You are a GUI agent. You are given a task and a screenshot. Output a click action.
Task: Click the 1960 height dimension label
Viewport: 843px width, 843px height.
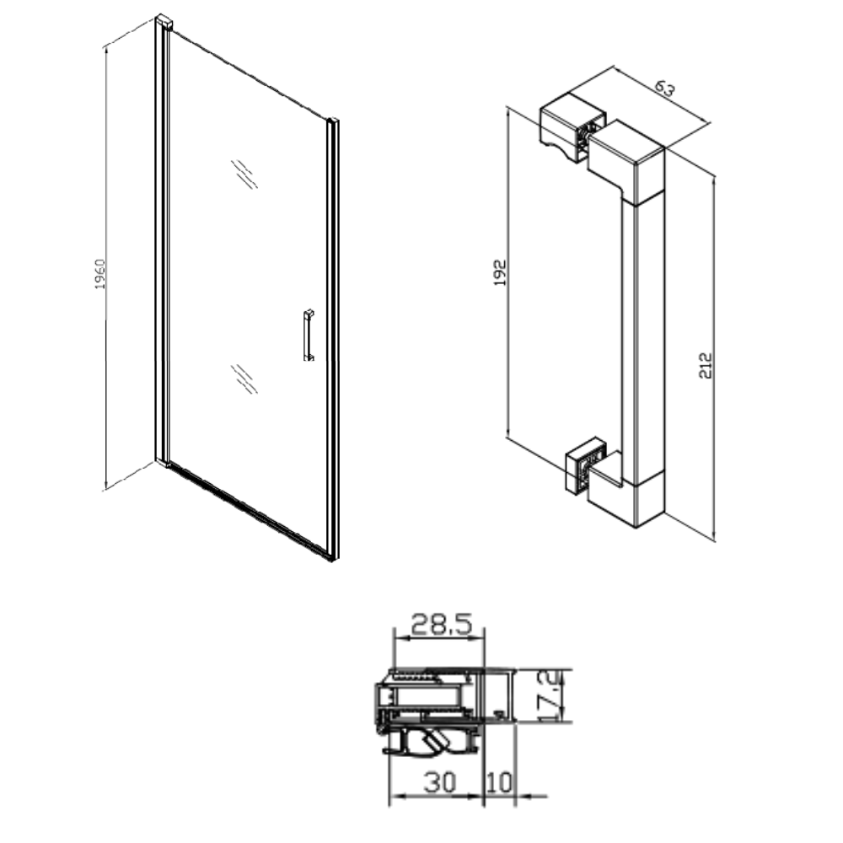click(100, 274)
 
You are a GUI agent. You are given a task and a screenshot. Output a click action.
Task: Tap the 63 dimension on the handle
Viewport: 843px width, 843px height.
click(665, 88)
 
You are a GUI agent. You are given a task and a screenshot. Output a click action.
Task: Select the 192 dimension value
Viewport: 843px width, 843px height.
click(500, 272)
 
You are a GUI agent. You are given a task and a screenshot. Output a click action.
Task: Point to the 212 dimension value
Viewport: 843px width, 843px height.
click(706, 366)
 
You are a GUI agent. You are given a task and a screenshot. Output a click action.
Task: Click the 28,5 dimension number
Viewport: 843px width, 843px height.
click(442, 624)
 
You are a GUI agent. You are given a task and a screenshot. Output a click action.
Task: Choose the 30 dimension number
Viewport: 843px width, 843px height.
click(440, 782)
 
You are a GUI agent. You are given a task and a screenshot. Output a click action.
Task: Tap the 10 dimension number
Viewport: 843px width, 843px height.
click(499, 782)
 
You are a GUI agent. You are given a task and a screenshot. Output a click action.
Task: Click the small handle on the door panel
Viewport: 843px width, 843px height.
click(309, 335)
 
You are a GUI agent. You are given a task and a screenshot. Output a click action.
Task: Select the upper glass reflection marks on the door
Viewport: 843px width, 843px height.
click(244, 175)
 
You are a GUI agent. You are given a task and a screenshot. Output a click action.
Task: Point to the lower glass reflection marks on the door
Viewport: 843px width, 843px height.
click(244, 379)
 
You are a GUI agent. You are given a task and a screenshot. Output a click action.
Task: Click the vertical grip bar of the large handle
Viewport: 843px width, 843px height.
click(643, 339)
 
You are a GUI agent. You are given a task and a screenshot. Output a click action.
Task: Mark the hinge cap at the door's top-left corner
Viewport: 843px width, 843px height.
click(164, 23)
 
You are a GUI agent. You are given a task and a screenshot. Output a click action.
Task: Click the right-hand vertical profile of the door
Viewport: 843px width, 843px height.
click(333, 340)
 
